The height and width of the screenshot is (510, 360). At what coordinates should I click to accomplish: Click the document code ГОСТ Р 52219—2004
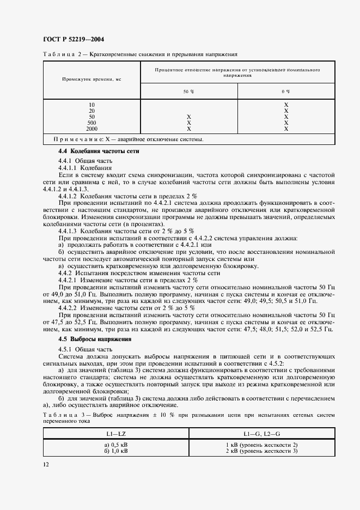point(74,39)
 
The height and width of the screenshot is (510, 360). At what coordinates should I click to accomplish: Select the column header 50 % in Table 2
point(188,92)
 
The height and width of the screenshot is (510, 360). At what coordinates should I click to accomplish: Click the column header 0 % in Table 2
point(285,92)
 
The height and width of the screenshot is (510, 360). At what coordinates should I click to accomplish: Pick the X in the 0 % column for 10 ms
point(285,105)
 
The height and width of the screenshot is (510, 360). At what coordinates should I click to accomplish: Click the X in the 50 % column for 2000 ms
point(188,129)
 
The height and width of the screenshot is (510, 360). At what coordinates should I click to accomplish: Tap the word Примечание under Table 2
point(78,139)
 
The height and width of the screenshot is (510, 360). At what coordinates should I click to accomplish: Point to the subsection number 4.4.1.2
point(69,195)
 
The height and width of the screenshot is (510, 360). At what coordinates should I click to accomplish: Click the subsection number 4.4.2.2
point(69,308)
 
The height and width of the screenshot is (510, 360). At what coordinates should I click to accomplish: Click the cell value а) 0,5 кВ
point(116,445)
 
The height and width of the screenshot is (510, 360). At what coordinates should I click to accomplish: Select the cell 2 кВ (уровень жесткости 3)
point(262,451)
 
